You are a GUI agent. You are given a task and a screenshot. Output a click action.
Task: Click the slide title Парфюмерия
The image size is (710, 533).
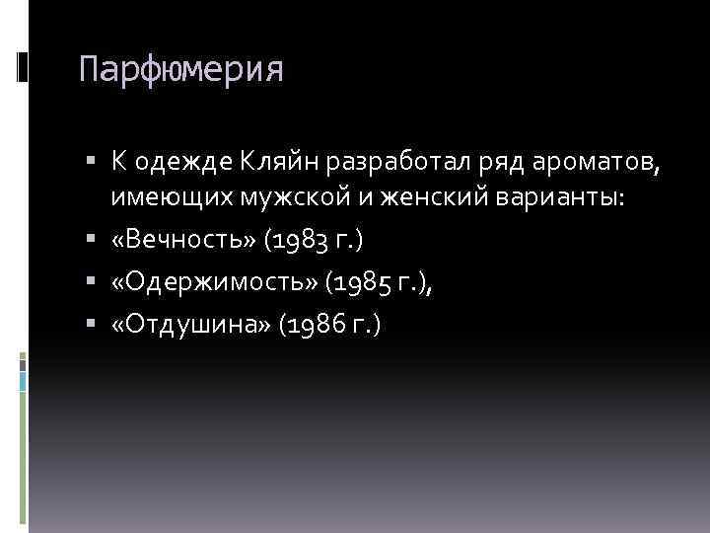(x=180, y=70)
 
